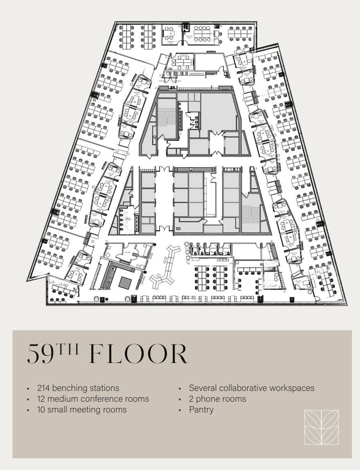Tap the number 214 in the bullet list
pyautogui.click(x=44, y=388)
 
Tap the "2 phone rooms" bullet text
pyautogui.click(x=217, y=399)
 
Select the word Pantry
pyautogui.click(x=201, y=409)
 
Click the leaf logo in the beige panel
pyautogui.click(x=321, y=427)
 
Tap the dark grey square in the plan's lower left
pyautogui.click(x=125, y=282)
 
